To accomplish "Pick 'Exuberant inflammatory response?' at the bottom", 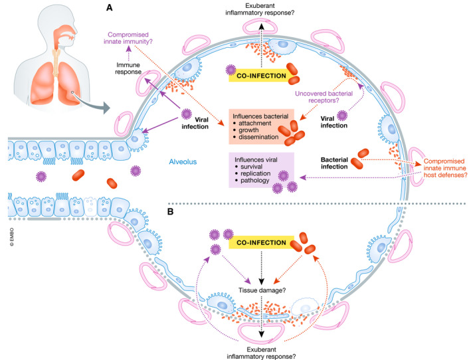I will click(x=265, y=350).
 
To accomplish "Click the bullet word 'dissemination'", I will click(x=266, y=139).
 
